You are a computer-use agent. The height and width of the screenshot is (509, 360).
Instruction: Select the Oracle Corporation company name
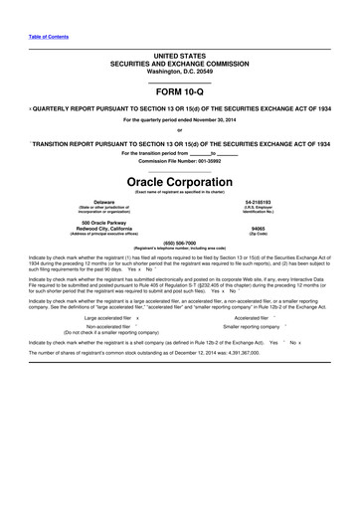[x=180, y=184]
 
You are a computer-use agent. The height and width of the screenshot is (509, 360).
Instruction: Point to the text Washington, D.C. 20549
[x=180, y=68]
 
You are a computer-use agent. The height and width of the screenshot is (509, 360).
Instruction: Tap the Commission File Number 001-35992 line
[x=180, y=161]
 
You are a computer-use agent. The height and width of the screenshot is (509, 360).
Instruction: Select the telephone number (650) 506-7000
[x=180, y=243]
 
